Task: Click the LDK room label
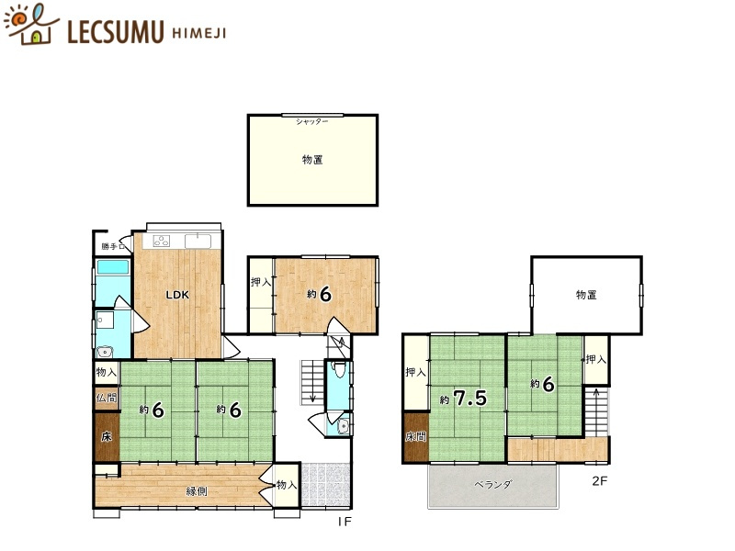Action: coord(177,295)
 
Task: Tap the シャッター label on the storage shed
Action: coord(311,122)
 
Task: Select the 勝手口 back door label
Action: coord(113,246)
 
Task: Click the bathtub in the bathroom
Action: coord(112,267)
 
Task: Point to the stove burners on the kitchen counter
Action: coord(162,241)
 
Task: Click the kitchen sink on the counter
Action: coord(198,241)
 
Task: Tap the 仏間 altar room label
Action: coord(107,399)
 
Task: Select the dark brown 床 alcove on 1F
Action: coord(107,436)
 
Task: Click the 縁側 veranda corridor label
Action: coord(197,491)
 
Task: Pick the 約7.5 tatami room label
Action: coord(464,399)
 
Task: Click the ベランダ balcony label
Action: coord(493,485)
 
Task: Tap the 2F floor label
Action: coord(600,480)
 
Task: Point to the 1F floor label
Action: coord(345,522)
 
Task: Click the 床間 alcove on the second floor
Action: coord(416,437)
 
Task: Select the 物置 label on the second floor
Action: coord(586,295)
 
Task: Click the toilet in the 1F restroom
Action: coord(337,369)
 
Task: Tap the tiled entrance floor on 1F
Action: coord(325,485)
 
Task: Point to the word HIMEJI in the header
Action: coord(199,33)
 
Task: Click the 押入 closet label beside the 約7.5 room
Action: coord(416,373)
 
